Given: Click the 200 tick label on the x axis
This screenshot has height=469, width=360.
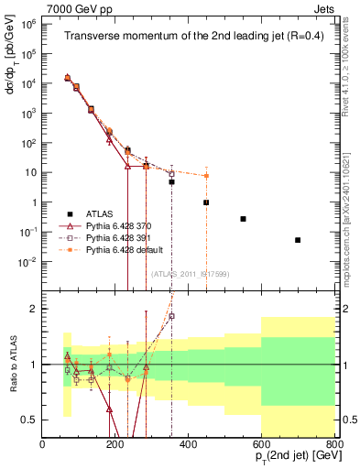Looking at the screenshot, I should click(x=115, y=445).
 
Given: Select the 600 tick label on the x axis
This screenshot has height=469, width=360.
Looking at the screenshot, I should click(x=261, y=445).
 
